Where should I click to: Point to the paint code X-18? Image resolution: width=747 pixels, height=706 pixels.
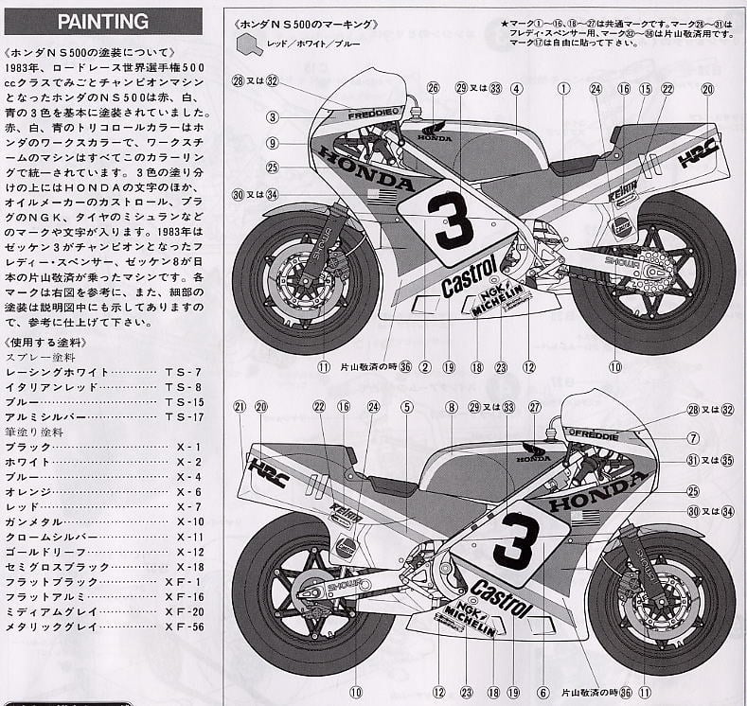coord(188,567)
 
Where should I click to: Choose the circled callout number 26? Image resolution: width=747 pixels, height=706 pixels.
coord(433,89)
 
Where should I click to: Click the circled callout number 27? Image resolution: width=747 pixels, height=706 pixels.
coord(535,407)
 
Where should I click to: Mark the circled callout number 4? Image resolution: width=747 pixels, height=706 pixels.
coord(516,89)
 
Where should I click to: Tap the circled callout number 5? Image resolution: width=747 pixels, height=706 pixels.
coord(406,407)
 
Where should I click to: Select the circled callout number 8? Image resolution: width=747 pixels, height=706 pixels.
coord(453,407)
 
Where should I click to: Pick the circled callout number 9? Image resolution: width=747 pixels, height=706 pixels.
coord(272,143)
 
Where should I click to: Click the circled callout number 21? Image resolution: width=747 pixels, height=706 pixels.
coord(240,407)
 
